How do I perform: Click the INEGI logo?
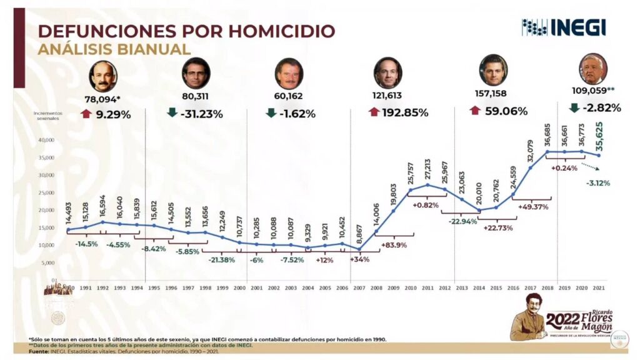pos(564,27)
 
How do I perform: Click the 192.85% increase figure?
pos(407,113)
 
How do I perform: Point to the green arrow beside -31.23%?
pos(172,113)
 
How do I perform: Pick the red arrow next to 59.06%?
pos(475,111)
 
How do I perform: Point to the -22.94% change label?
pos(461,222)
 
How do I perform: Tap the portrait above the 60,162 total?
pos(289,73)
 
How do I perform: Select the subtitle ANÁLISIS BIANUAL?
pos(114,49)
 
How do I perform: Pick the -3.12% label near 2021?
pos(598,183)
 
